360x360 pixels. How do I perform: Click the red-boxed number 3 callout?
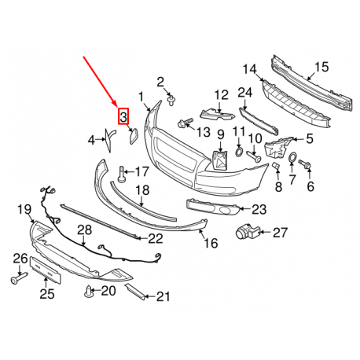[123, 118]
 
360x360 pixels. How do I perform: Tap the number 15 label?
[320, 66]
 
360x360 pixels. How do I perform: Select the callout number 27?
[281, 232]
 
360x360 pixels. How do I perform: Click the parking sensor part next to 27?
[248, 232]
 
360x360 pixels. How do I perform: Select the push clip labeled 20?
[88, 293]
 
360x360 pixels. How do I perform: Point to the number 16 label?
[211, 244]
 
